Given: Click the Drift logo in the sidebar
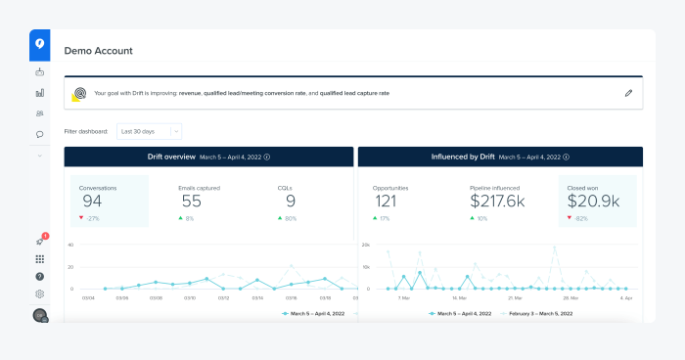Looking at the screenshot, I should (x=39, y=43).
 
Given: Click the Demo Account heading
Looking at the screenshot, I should (x=98, y=51).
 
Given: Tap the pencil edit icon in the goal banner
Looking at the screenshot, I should (x=628, y=93).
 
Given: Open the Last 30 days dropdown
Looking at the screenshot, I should (x=149, y=130).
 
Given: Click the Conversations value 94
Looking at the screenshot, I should (x=91, y=202).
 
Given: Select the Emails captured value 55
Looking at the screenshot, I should (x=192, y=202).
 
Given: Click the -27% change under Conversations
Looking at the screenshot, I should (x=91, y=219).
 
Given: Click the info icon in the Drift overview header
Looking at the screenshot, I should (x=267, y=157).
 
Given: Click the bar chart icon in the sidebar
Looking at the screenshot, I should (x=39, y=93).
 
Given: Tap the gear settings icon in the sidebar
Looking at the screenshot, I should (x=39, y=293).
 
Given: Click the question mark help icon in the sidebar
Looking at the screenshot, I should (x=39, y=277).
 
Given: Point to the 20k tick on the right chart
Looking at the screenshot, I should (x=366, y=245).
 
